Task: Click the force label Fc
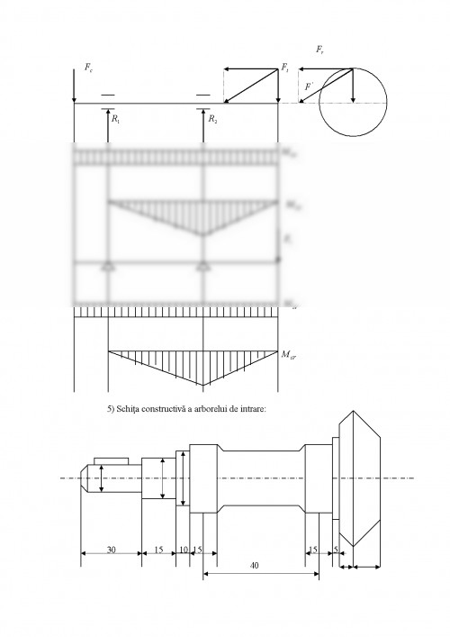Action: point(86,67)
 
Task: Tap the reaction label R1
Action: point(115,117)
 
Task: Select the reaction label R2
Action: point(211,117)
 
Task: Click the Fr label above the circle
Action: point(321,51)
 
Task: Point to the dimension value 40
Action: point(255,564)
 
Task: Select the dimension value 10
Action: point(183,549)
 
